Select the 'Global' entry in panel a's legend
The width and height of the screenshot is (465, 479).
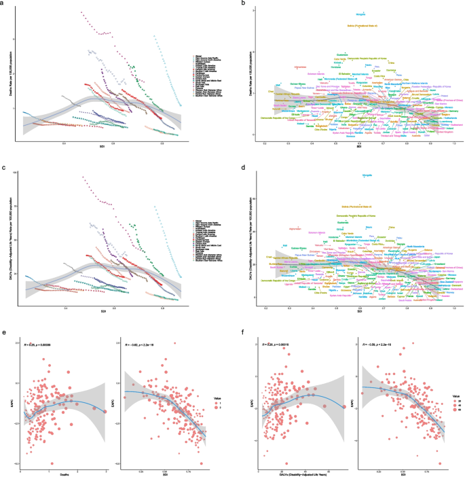[199, 52]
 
